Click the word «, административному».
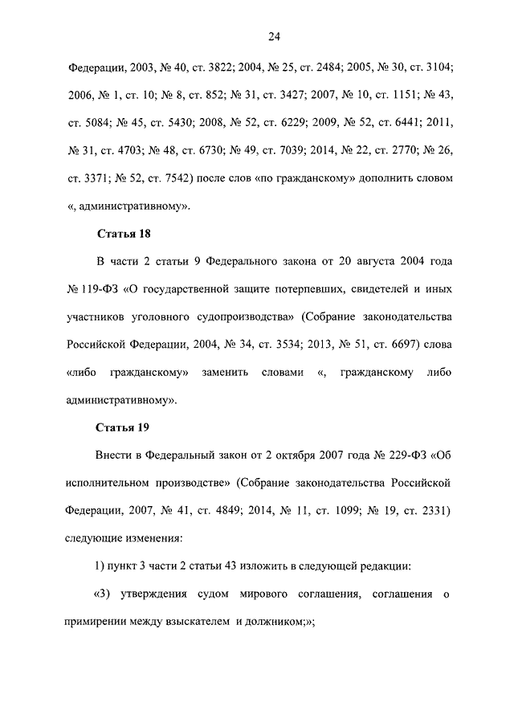[x=129, y=206]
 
